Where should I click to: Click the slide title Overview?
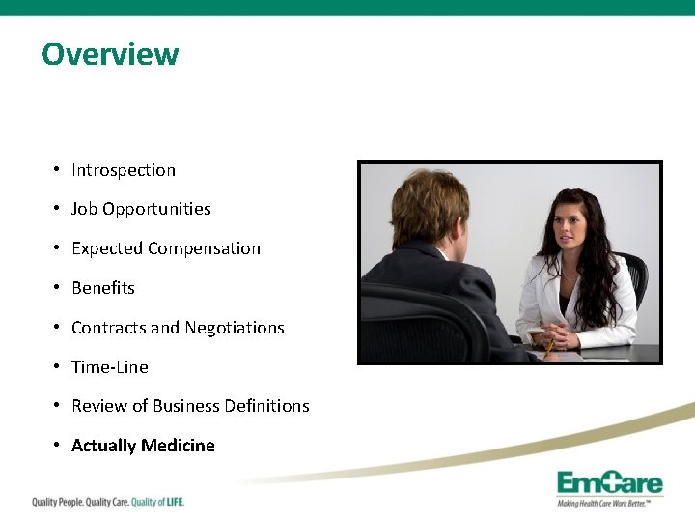(110, 53)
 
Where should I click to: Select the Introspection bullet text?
(124, 170)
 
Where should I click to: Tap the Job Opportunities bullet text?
(141, 209)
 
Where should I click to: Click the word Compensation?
(204, 248)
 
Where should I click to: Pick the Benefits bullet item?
(103, 288)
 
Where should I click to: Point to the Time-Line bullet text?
(110, 367)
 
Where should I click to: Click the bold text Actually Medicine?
(143, 446)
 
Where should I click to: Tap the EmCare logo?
(609, 482)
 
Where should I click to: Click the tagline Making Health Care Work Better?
(609, 503)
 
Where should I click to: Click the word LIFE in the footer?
(171, 502)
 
